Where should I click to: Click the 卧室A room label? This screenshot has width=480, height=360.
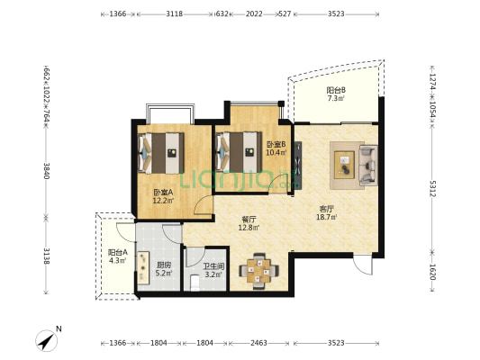(163, 193)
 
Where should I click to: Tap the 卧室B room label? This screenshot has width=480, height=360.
(276, 144)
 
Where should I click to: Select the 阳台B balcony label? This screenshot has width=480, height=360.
(336, 90)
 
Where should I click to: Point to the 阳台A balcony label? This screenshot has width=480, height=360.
(118, 252)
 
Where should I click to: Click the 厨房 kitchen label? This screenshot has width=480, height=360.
(164, 265)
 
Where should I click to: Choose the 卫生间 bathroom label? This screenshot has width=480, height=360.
(213, 266)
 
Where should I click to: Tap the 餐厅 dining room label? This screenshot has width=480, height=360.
(249, 220)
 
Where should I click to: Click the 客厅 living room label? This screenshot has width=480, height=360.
(326, 209)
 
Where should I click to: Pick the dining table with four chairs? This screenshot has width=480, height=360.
(258, 271)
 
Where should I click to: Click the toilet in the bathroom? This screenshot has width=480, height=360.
(195, 283)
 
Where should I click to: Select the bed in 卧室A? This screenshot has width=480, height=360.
(161, 153)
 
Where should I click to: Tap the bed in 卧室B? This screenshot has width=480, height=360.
(239, 152)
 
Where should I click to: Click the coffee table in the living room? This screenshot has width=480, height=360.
(344, 165)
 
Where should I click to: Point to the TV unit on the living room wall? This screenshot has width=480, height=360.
(298, 165)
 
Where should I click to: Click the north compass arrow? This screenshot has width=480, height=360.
(47, 340)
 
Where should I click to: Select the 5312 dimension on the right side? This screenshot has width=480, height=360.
(432, 189)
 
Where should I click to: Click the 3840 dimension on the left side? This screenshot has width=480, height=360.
(46, 171)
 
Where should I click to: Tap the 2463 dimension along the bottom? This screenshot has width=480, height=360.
(258, 343)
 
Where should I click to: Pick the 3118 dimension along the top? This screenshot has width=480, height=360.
(174, 13)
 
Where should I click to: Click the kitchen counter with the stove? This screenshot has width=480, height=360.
(143, 267)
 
